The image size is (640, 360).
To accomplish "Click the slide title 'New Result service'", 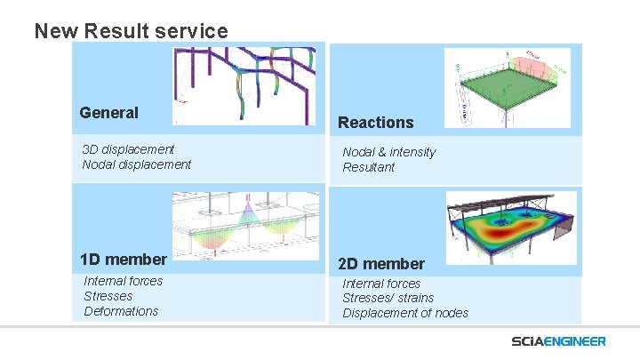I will (x=131, y=32).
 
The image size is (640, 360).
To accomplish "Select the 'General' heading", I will (x=108, y=113).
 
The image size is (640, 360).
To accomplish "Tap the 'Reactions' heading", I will (x=375, y=123).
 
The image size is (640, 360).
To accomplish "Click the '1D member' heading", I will (x=123, y=260).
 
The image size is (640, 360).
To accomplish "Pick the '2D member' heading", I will (x=380, y=264).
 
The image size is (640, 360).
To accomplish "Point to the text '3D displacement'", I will (x=128, y=149).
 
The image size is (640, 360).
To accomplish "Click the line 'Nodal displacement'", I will (x=136, y=164).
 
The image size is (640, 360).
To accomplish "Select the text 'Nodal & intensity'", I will (x=388, y=152).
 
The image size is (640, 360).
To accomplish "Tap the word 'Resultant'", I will (x=368, y=167).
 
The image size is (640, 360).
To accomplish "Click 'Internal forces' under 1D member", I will (x=124, y=281).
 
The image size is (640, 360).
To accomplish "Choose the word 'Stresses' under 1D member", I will (x=108, y=296).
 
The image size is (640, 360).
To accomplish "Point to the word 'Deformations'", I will (x=121, y=311).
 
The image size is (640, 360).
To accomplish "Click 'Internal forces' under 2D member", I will (x=381, y=284).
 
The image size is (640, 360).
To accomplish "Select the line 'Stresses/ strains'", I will (x=388, y=298).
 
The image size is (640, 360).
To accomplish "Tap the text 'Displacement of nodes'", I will (x=404, y=313).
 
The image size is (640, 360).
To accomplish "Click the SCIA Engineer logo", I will (x=558, y=341).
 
